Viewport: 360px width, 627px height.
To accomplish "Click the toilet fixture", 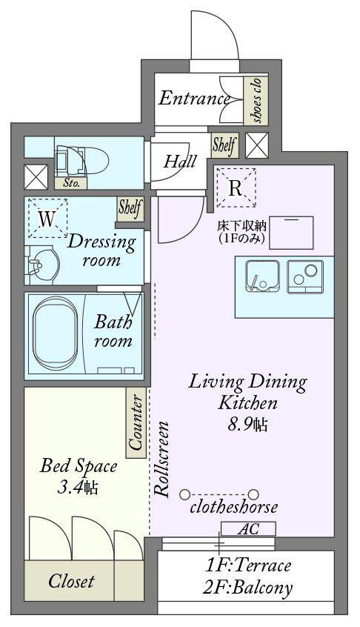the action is (x=82, y=162).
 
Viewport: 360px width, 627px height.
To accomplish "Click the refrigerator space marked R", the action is (x=236, y=188).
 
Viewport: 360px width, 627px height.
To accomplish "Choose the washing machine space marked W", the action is (x=47, y=219).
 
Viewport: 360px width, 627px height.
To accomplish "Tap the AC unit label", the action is (x=248, y=528).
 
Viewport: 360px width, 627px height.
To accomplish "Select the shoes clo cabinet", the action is (x=256, y=99).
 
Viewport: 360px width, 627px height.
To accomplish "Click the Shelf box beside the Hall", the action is (x=224, y=145).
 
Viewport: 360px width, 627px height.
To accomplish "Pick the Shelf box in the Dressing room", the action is (x=130, y=208).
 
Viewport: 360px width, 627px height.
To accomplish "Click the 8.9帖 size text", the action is (x=247, y=425).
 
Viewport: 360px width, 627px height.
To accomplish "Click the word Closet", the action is (x=71, y=582).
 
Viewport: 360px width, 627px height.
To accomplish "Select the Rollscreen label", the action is (x=161, y=459).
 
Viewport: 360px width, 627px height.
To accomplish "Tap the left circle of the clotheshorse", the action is (x=184, y=494).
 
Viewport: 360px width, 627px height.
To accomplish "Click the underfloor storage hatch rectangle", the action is (x=292, y=232).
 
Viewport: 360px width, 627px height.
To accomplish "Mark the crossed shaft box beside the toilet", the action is (x=36, y=177).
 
